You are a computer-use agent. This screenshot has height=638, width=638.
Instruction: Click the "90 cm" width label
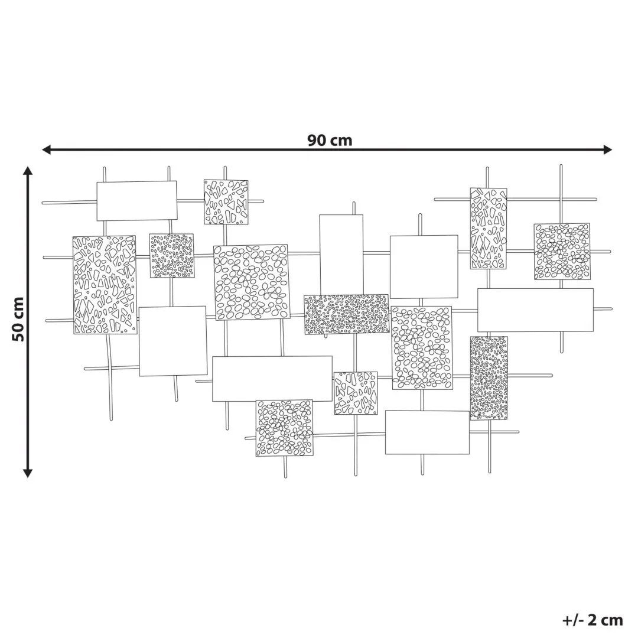pos(330,141)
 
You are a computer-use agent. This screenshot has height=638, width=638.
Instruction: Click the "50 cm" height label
pos(18,320)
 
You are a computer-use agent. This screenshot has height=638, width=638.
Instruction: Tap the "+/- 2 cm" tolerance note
pos(593,620)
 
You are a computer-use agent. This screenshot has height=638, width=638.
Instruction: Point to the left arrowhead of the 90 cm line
pos(47,149)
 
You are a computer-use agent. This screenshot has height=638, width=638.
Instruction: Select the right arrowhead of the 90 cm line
pos(607,149)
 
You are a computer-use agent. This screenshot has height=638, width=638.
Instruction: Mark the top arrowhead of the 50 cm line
pos(28,171)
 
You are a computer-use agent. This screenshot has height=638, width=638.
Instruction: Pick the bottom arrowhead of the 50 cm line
pos(28,473)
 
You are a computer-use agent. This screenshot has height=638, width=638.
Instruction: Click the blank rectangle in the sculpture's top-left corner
pos(136,201)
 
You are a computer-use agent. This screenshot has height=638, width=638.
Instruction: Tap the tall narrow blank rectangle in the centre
pos(341,255)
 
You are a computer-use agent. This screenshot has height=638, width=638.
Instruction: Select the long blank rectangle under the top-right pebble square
pos(535,310)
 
